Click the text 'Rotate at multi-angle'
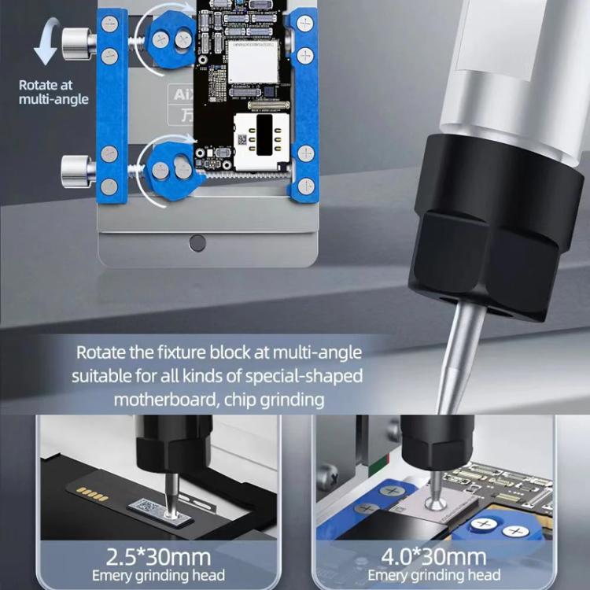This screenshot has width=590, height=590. click(53, 92)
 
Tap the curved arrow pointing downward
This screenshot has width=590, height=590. click(46, 44)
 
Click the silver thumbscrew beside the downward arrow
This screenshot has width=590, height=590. click(76, 44)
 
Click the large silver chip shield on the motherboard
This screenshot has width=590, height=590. click(253, 61)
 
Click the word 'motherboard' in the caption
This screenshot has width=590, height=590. click(163, 399)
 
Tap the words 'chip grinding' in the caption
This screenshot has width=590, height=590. click(273, 399)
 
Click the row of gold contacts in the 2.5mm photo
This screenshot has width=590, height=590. click(92, 494)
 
